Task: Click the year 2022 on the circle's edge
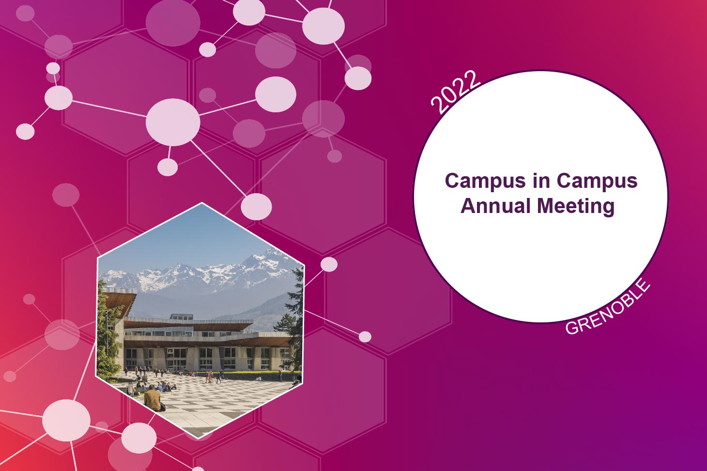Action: (455, 92)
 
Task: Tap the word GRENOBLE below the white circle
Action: (608, 307)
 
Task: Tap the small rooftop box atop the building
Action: (181, 317)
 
